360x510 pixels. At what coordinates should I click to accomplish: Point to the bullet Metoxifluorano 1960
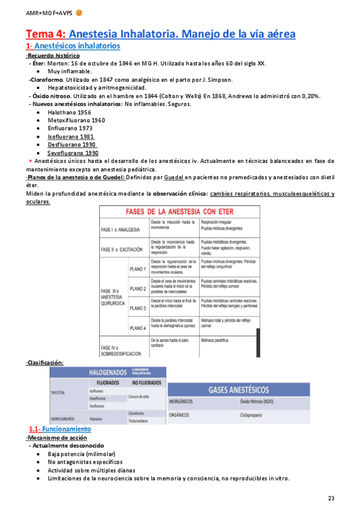(x=76, y=120)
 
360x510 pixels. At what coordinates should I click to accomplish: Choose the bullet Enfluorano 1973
(x=70, y=129)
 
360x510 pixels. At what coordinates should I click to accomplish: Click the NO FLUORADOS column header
(x=146, y=382)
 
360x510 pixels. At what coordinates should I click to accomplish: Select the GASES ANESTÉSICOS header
(x=239, y=389)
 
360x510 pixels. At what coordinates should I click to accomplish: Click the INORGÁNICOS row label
(x=185, y=401)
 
